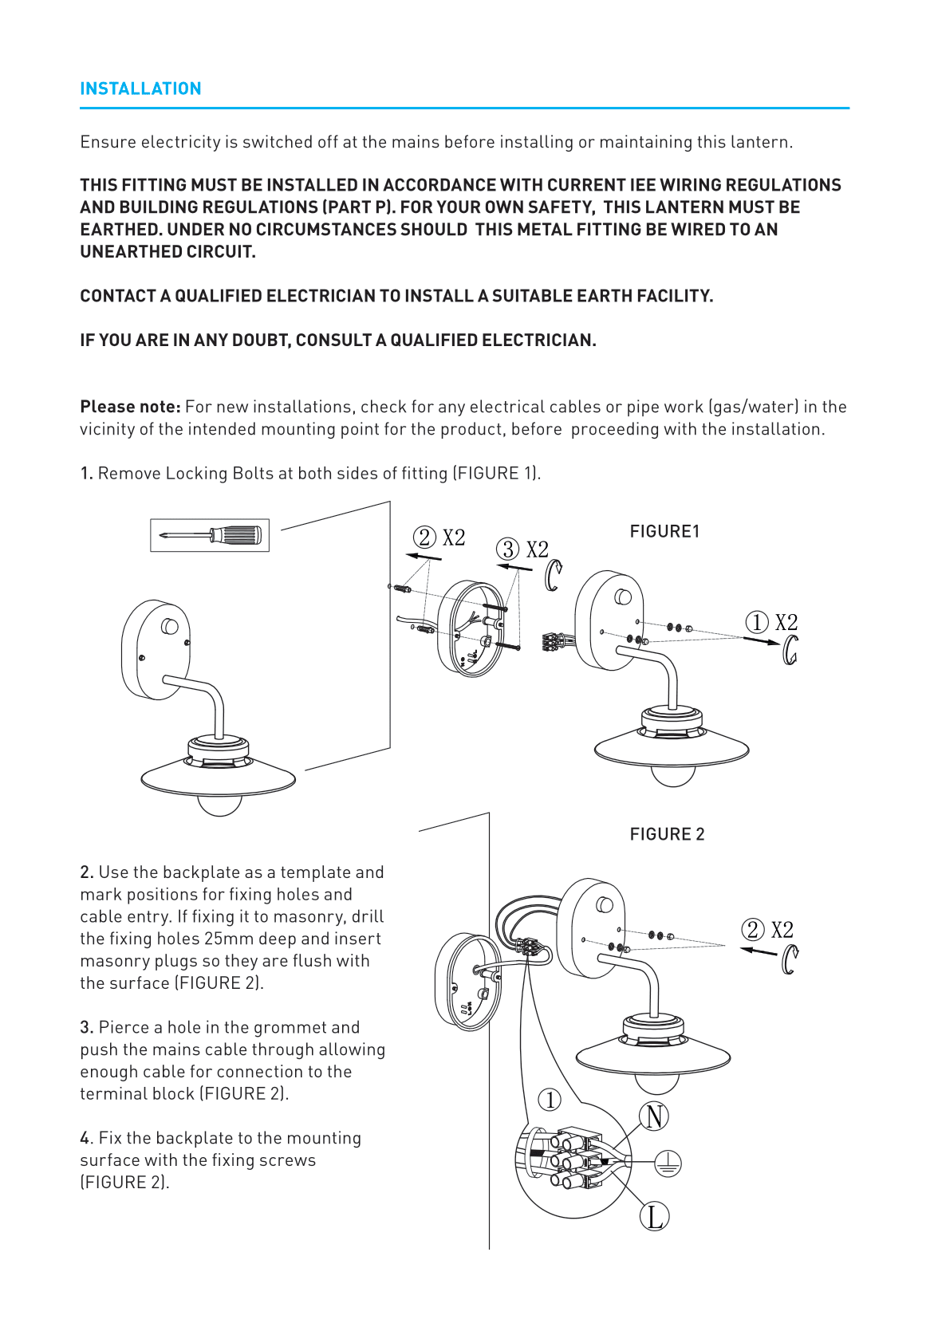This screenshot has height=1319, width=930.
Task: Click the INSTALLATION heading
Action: pos(140,89)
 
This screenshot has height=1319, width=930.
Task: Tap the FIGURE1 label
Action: pos(664,531)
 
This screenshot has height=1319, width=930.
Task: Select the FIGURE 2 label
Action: pos(667,834)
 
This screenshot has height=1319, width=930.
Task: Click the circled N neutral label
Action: pos(654,1116)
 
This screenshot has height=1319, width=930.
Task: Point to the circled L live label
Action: pos(654,1217)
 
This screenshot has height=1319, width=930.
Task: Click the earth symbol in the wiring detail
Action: pos(668,1163)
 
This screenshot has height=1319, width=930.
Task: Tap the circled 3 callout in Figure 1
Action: pos(507,549)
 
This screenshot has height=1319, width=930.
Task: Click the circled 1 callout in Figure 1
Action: pos(756,622)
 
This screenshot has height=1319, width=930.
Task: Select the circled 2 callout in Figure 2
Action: pos(752,930)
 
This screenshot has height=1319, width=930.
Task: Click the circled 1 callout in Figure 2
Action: pos(550,1100)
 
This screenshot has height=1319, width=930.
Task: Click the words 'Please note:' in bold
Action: pos(130,407)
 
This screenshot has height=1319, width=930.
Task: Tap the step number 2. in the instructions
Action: pos(87,872)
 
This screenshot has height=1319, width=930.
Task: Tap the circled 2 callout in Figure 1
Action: pos(424,537)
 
